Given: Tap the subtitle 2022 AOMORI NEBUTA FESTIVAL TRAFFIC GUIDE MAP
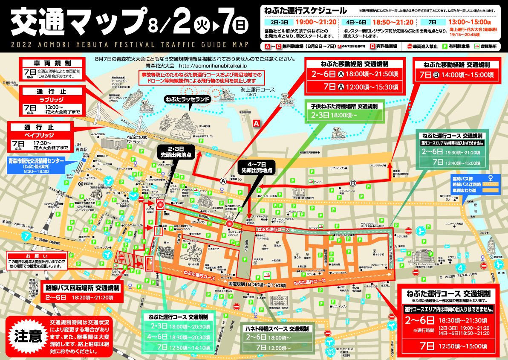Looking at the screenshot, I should pos(128,44).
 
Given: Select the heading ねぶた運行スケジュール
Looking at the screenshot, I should pos(305,10).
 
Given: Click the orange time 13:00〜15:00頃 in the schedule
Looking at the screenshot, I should pos(471,22).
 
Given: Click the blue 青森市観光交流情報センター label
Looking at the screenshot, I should pos(37,161).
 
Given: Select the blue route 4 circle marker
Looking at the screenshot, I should pos(461,268).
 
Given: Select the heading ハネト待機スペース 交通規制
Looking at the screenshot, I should pos(277,329).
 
